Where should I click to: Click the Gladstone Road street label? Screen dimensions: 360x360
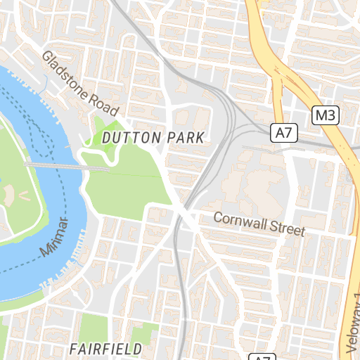click(79, 83)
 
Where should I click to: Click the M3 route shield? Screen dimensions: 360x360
click(326, 115)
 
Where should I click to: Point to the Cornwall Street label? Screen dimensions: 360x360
click(259, 224)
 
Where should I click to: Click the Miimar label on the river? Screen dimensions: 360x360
click(55, 238)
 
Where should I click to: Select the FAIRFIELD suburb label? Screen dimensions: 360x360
click(105, 348)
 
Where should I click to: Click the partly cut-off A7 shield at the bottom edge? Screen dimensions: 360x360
click(260, 356)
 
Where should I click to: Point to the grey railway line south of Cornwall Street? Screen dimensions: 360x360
click(181, 295)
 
